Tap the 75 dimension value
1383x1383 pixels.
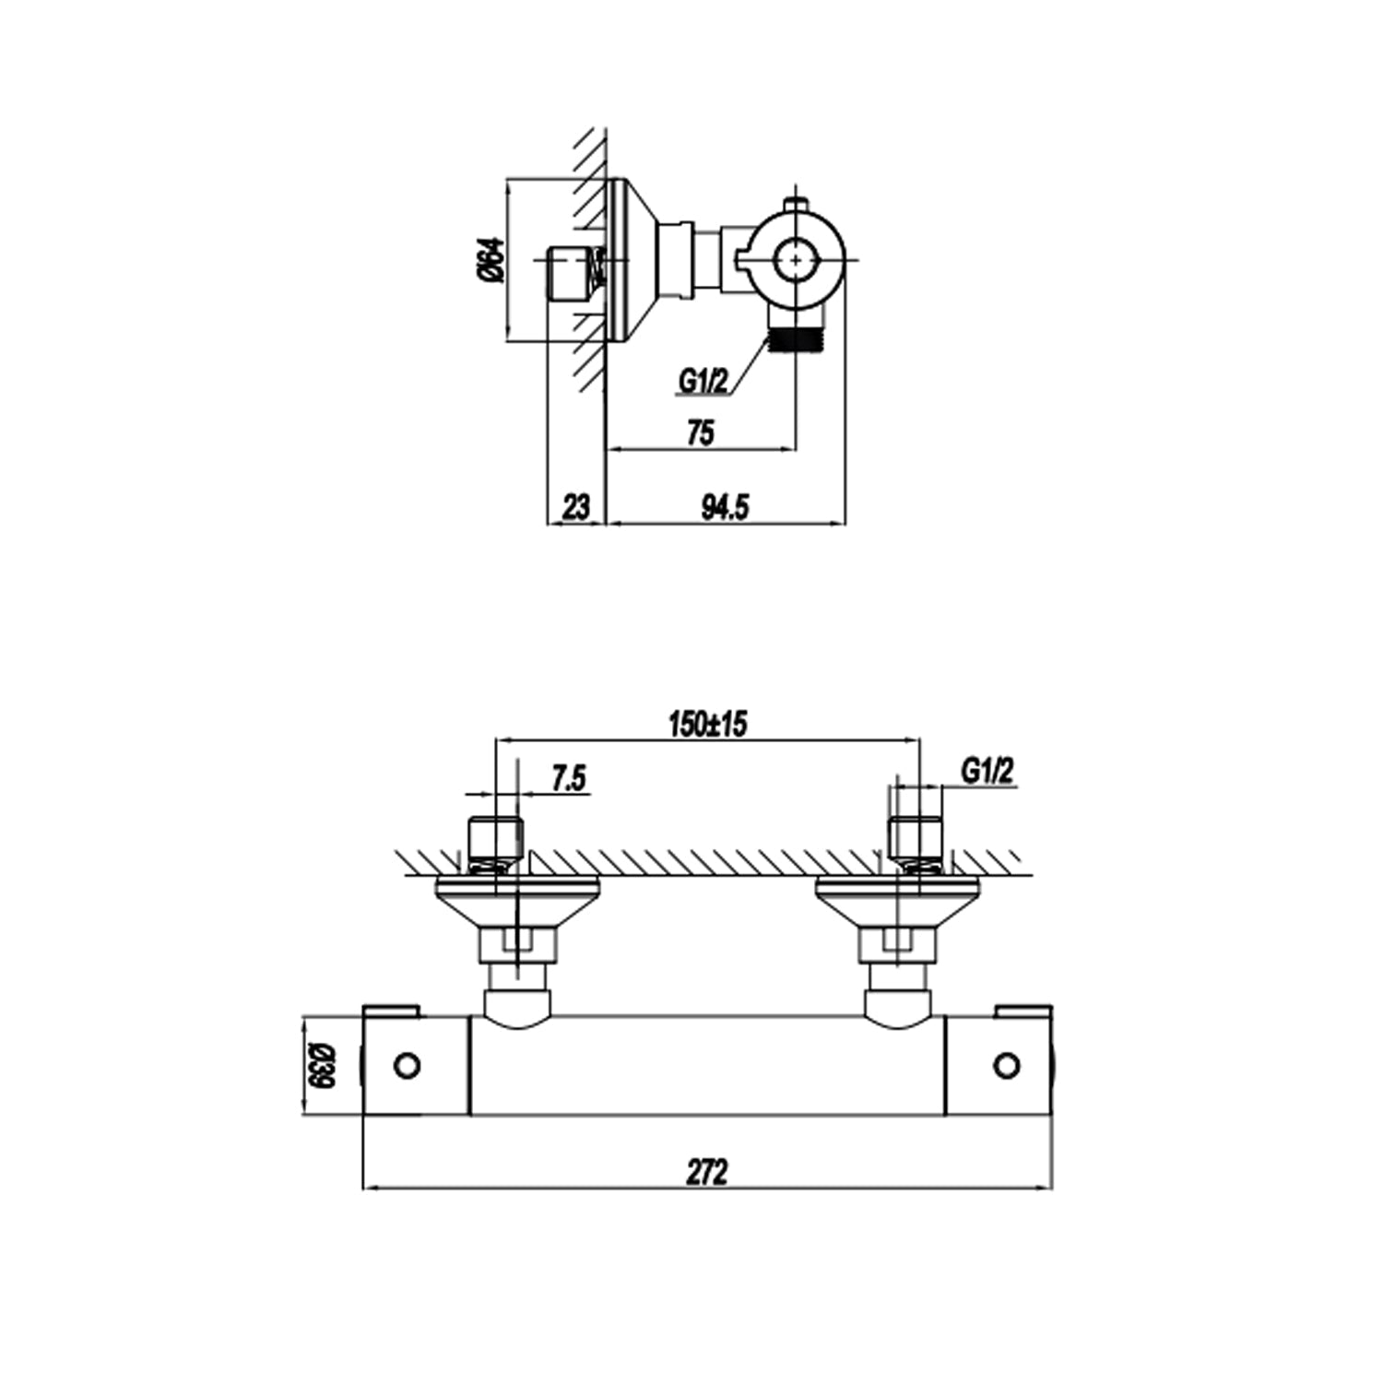[701, 432]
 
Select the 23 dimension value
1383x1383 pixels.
[575, 506]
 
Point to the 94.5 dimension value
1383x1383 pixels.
[726, 506]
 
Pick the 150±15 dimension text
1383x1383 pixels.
[707, 725]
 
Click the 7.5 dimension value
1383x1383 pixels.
[569, 779]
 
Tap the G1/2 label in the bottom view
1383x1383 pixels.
[987, 771]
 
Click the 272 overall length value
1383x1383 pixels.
[707, 1172]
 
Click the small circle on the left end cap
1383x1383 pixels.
[406, 1066]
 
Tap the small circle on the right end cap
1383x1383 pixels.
[1008, 1066]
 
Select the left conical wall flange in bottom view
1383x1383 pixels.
[518, 902]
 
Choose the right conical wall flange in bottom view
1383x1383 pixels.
[899, 902]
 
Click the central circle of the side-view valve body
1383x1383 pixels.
[797, 260]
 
